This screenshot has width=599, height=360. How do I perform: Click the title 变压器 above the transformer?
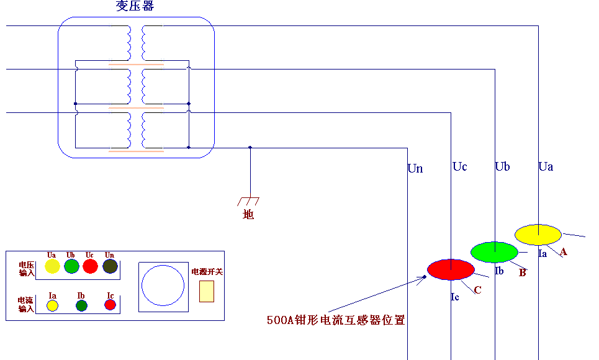[x=135, y=6]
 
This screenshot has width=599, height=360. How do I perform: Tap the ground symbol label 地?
[x=248, y=215]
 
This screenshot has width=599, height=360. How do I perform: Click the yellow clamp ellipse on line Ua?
[x=538, y=235]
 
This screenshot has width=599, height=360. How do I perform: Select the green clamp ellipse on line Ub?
[x=494, y=252]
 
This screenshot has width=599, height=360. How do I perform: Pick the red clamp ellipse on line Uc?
[x=451, y=269]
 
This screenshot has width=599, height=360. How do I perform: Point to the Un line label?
[x=415, y=168]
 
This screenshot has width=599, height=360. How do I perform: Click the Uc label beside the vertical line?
[x=459, y=166]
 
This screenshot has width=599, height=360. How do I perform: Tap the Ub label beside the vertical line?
[x=502, y=166]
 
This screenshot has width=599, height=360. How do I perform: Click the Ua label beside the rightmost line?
[x=546, y=166]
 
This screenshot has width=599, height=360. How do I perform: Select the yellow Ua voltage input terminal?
[x=52, y=267]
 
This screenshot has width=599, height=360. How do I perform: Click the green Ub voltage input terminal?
[x=71, y=267]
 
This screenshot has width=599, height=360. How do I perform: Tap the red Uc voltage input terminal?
[x=91, y=267]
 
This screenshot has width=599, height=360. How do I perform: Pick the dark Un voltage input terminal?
[x=110, y=267]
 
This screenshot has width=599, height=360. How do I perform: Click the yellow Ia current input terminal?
[x=52, y=305]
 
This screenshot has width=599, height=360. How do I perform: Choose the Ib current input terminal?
[x=81, y=305]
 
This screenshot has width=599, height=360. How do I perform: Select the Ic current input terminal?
[x=110, y=305]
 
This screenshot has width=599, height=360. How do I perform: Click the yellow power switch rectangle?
[x=206, y=291]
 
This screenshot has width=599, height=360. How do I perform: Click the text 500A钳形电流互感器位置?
[x=336, y=320]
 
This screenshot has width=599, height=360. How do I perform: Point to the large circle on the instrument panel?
[x=163, y=285]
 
